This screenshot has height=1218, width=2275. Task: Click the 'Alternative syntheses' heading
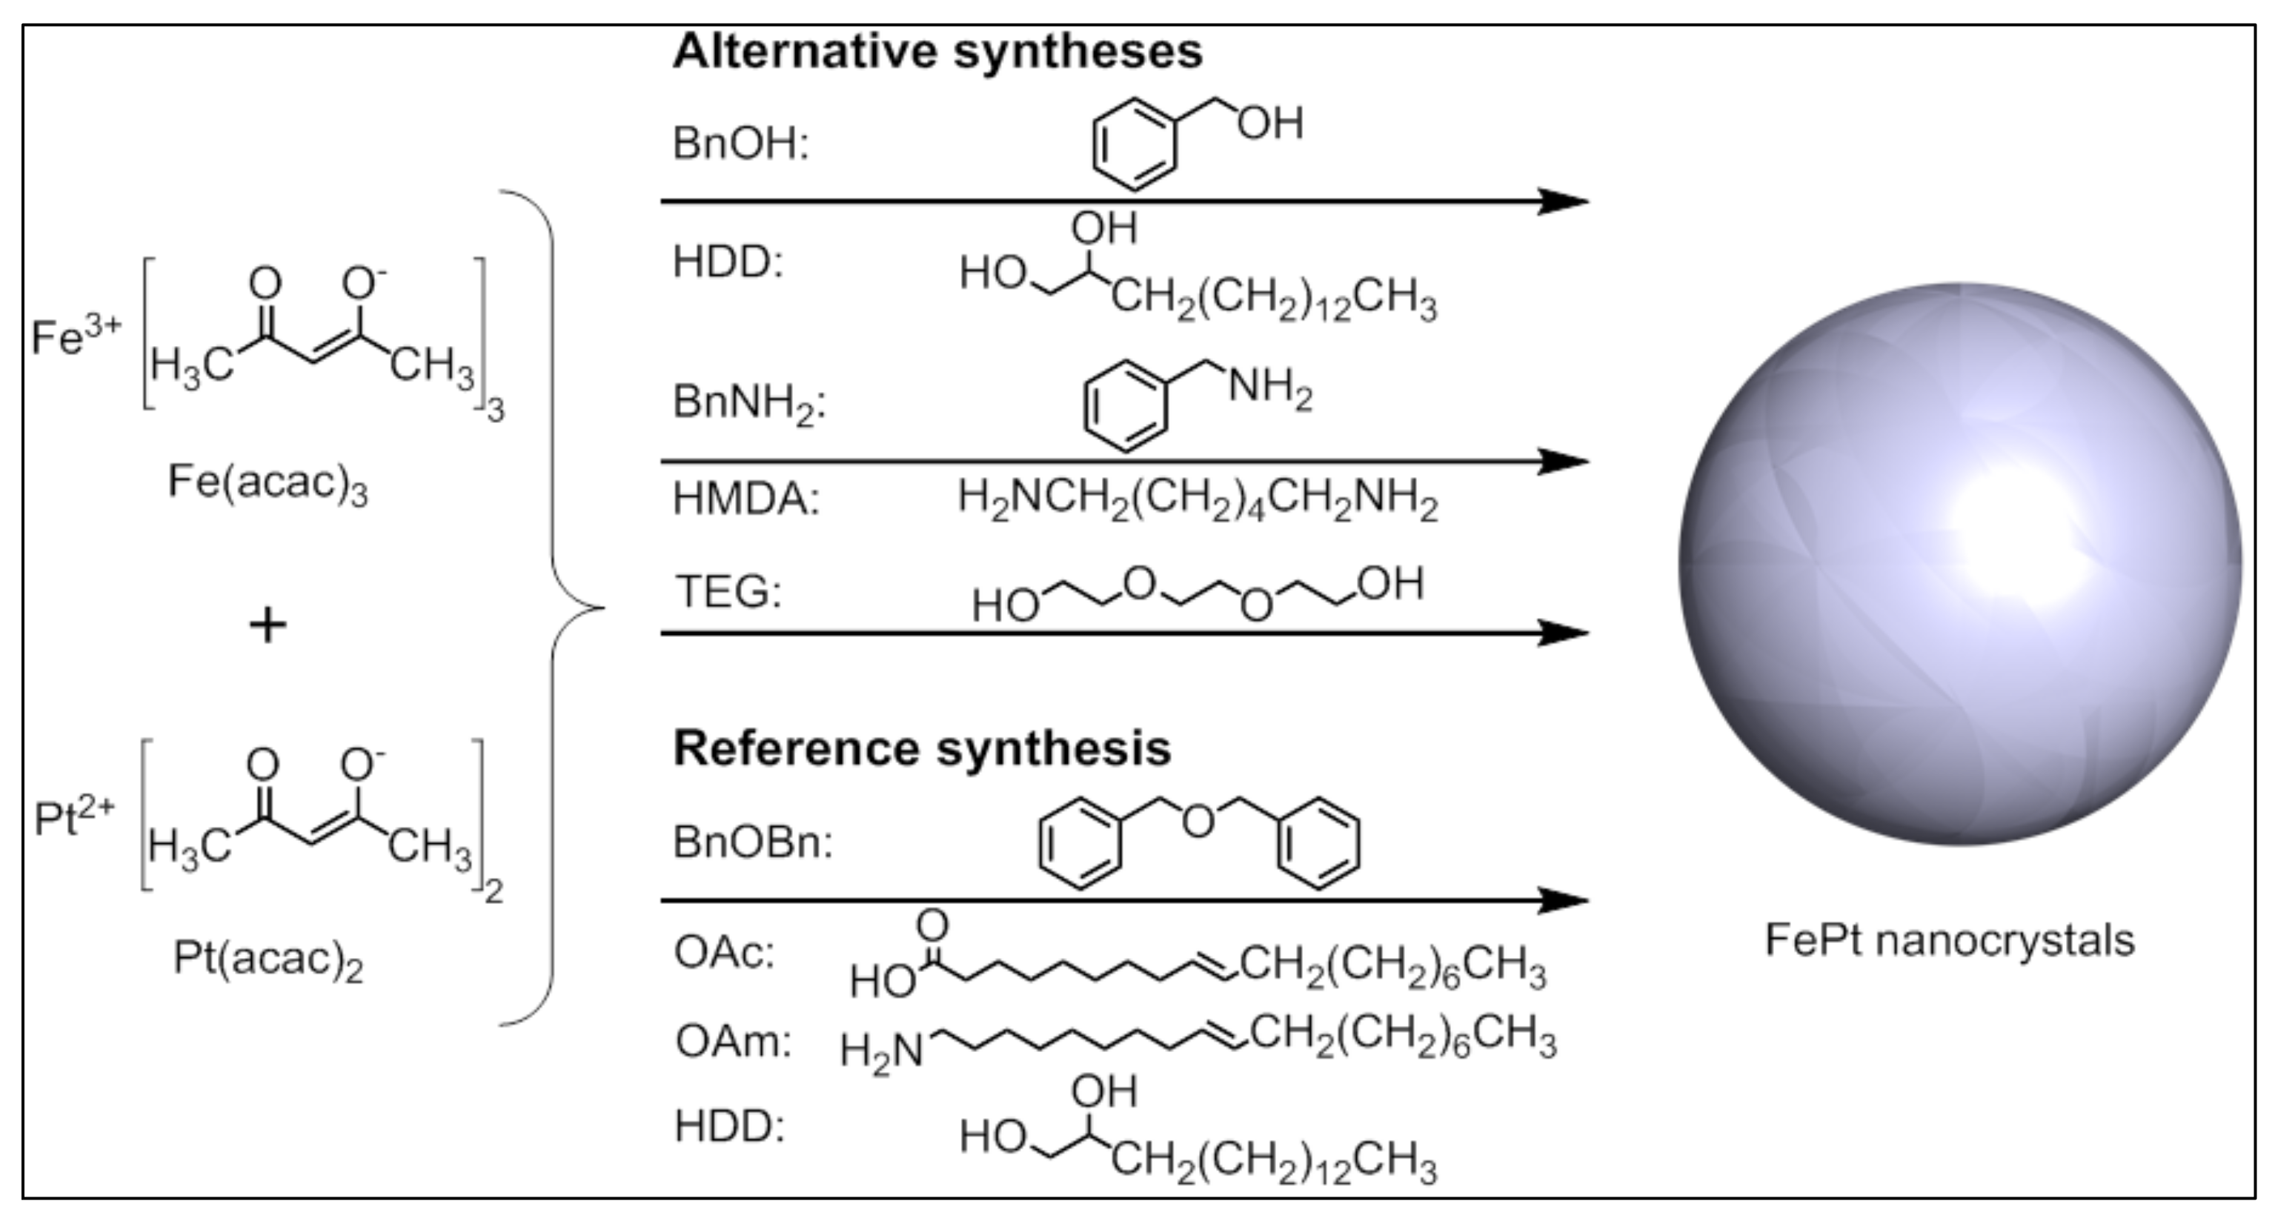pos(937,51)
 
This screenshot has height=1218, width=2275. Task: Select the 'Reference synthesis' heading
pos(921,748)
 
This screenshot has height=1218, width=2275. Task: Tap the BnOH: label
pos(740,144)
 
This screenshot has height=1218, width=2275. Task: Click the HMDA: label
pos(745,499)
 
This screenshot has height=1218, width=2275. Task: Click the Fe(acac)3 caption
pos(268,483)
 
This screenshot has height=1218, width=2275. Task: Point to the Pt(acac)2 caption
pos(268,960)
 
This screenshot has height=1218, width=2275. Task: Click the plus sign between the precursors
pos(268,625)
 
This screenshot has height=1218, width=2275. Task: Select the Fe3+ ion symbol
pos(75,336)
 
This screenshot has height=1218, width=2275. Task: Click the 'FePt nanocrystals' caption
pos(1949,939)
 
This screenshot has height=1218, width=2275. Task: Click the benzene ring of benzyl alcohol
pos(1135,144)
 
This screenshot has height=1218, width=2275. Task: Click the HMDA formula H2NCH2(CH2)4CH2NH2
pos(1198,500)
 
